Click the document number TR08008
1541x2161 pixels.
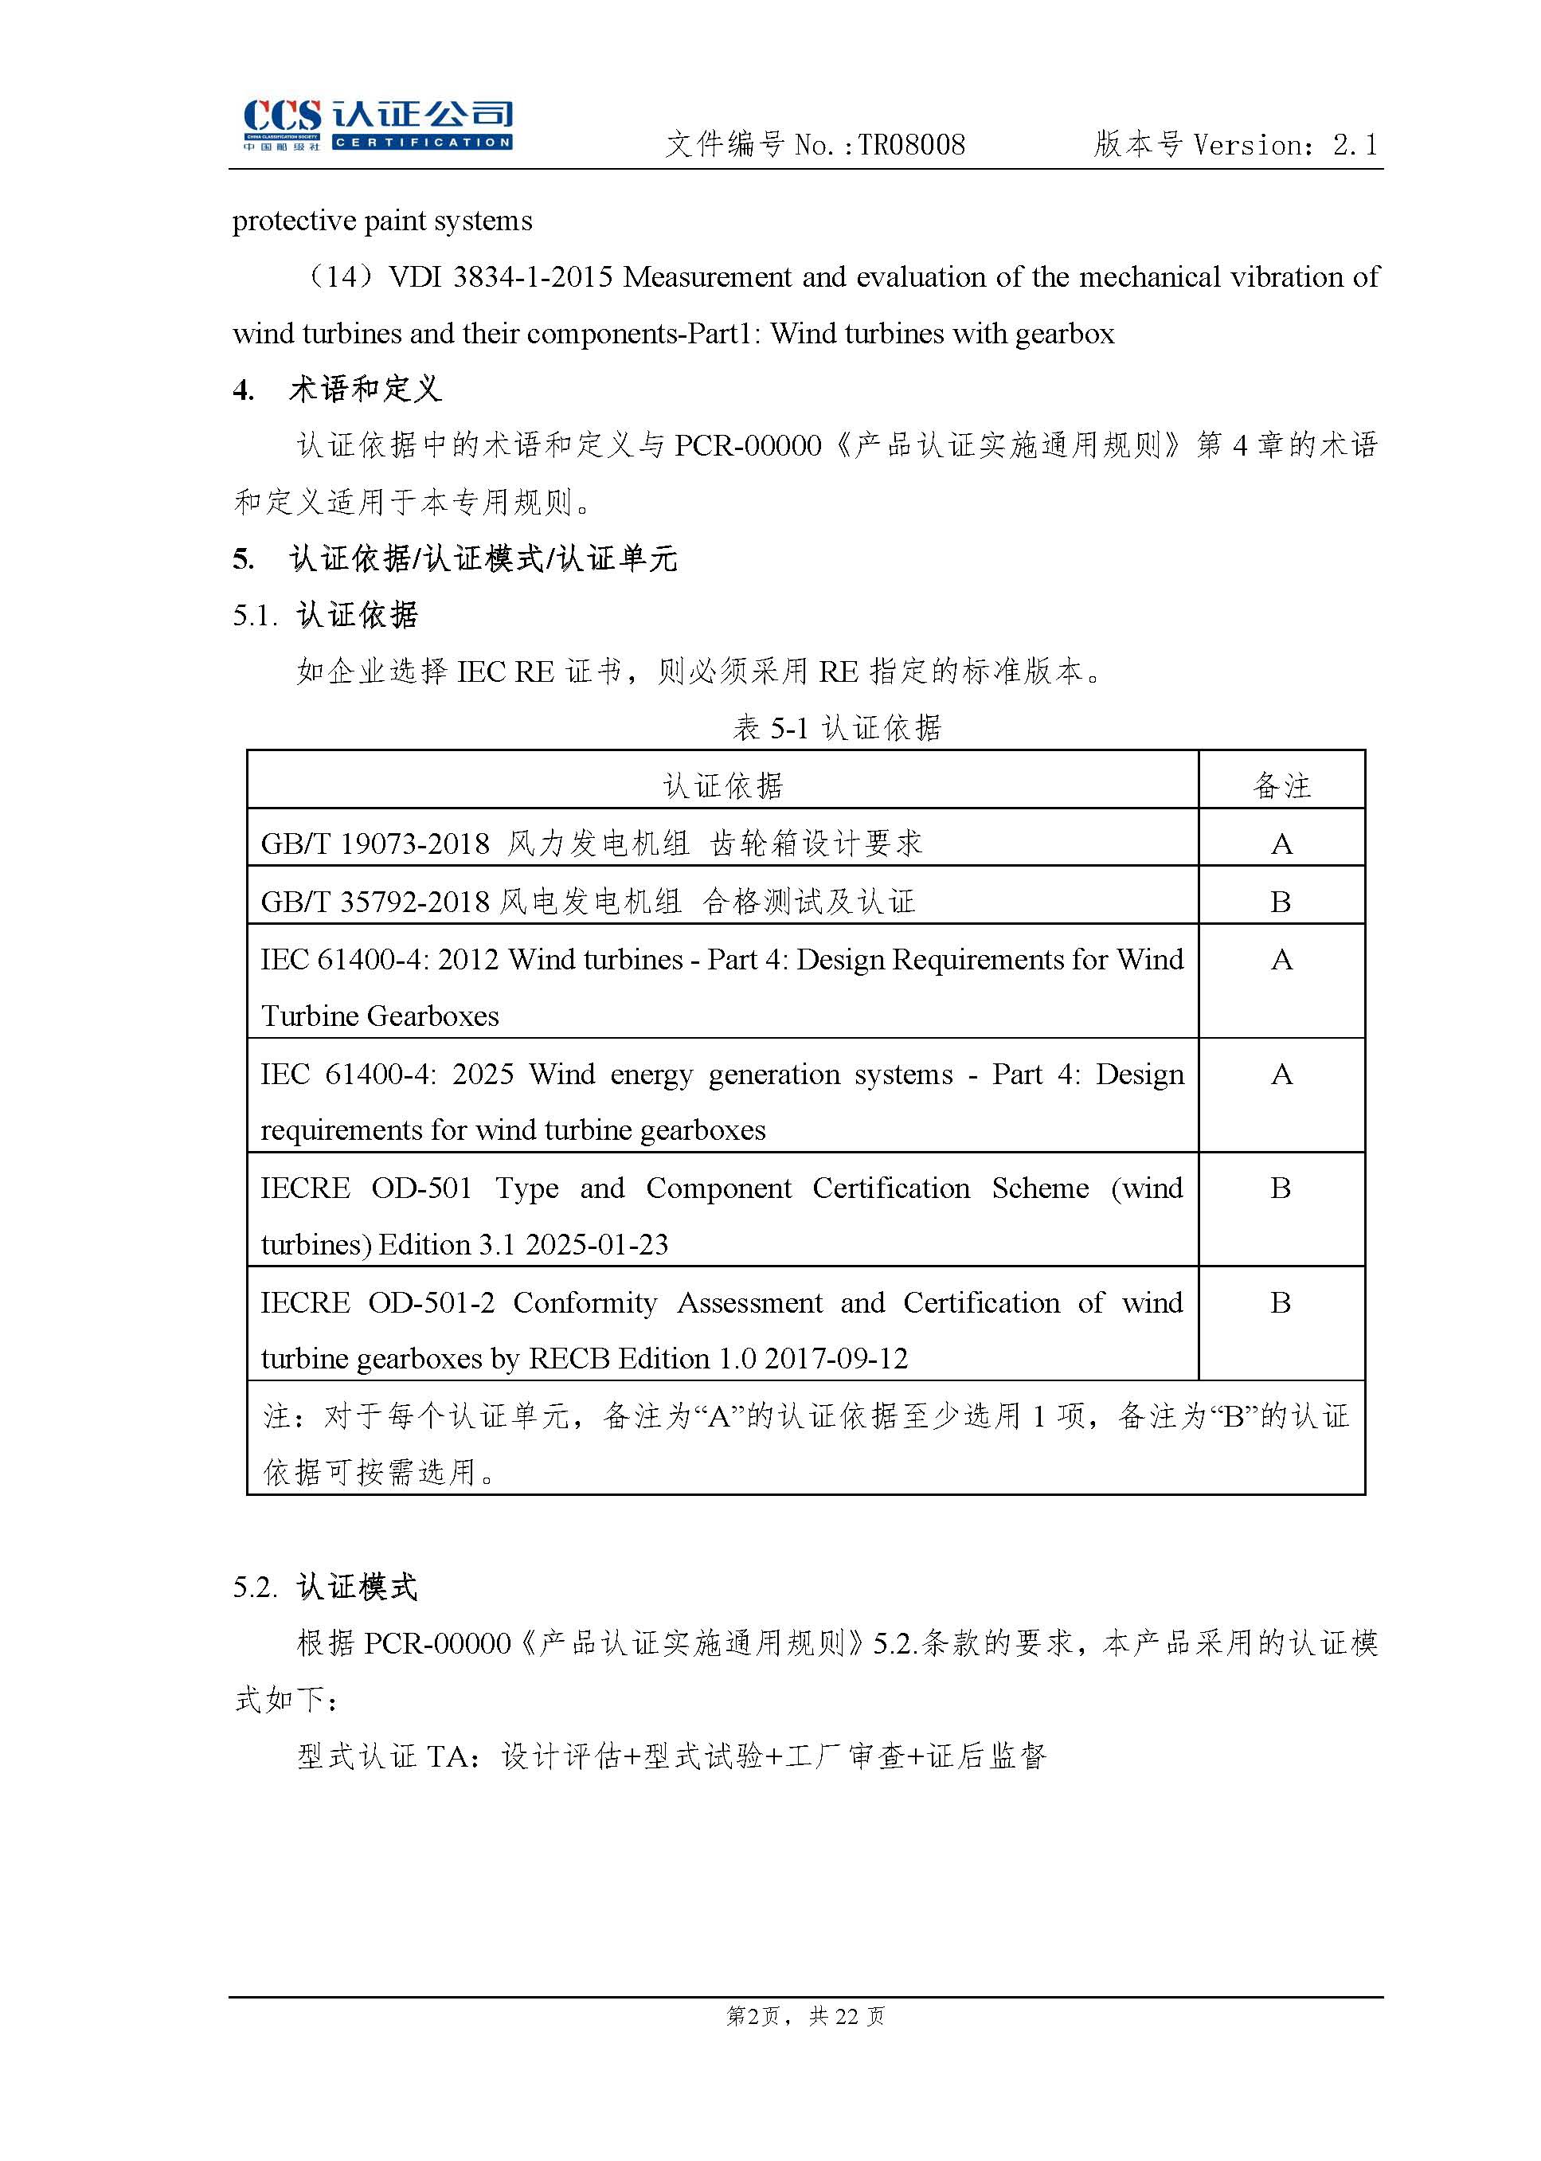tap(911, 145)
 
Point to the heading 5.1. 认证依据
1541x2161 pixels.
tap(326, 615)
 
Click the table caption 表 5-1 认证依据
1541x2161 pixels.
tap(837, 728)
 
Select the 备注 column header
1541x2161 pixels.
tap(1281, 786)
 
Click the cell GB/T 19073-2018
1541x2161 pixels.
tap(375, 844)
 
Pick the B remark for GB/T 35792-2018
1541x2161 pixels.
tap(1281, 902)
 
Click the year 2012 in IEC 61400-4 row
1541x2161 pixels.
tap(469, 960)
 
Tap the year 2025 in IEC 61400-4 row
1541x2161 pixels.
tap(483, 1075)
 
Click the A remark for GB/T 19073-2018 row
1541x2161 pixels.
tap(1281, 844)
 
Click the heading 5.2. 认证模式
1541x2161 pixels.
tap(326, 1587)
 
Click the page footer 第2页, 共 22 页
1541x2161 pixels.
tap(804, 2016)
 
